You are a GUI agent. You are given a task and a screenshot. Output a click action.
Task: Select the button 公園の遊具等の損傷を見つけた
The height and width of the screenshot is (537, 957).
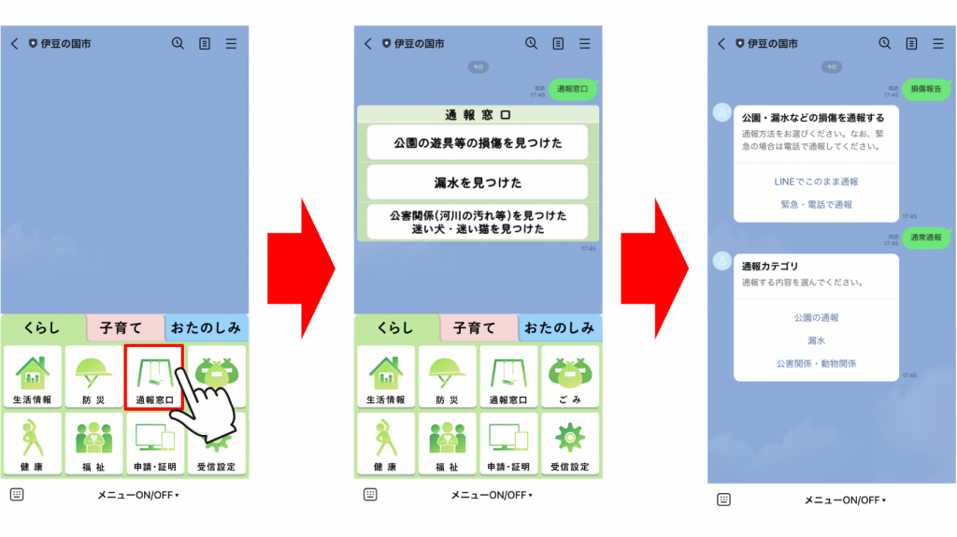pos(478,142)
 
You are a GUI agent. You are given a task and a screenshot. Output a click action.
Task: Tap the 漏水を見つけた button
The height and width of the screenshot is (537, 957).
pos(478,182)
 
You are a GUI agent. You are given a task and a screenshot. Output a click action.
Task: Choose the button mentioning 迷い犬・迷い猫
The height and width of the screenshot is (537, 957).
pos(478,222)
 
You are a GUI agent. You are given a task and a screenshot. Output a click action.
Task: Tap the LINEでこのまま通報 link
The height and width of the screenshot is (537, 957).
pos(816,181)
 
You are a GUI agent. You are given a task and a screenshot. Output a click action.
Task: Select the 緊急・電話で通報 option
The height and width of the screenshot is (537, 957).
pos(816,204)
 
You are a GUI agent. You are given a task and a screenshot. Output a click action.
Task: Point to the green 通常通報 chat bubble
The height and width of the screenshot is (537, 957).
pos(925,237)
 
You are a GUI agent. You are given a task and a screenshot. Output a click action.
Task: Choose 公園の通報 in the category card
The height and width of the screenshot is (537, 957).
pos(816,318)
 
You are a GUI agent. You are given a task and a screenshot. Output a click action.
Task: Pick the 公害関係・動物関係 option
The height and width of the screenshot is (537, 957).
pos(816,363)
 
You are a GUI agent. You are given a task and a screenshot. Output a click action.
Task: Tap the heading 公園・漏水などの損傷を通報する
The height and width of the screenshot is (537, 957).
pos(812,119)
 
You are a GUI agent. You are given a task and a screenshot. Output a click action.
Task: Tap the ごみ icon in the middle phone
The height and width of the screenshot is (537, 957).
pos(568,376)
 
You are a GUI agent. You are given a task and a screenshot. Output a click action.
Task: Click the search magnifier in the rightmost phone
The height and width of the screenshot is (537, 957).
pos(884,43)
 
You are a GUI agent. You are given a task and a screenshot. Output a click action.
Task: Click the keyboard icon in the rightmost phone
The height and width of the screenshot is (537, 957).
pos(723,500)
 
